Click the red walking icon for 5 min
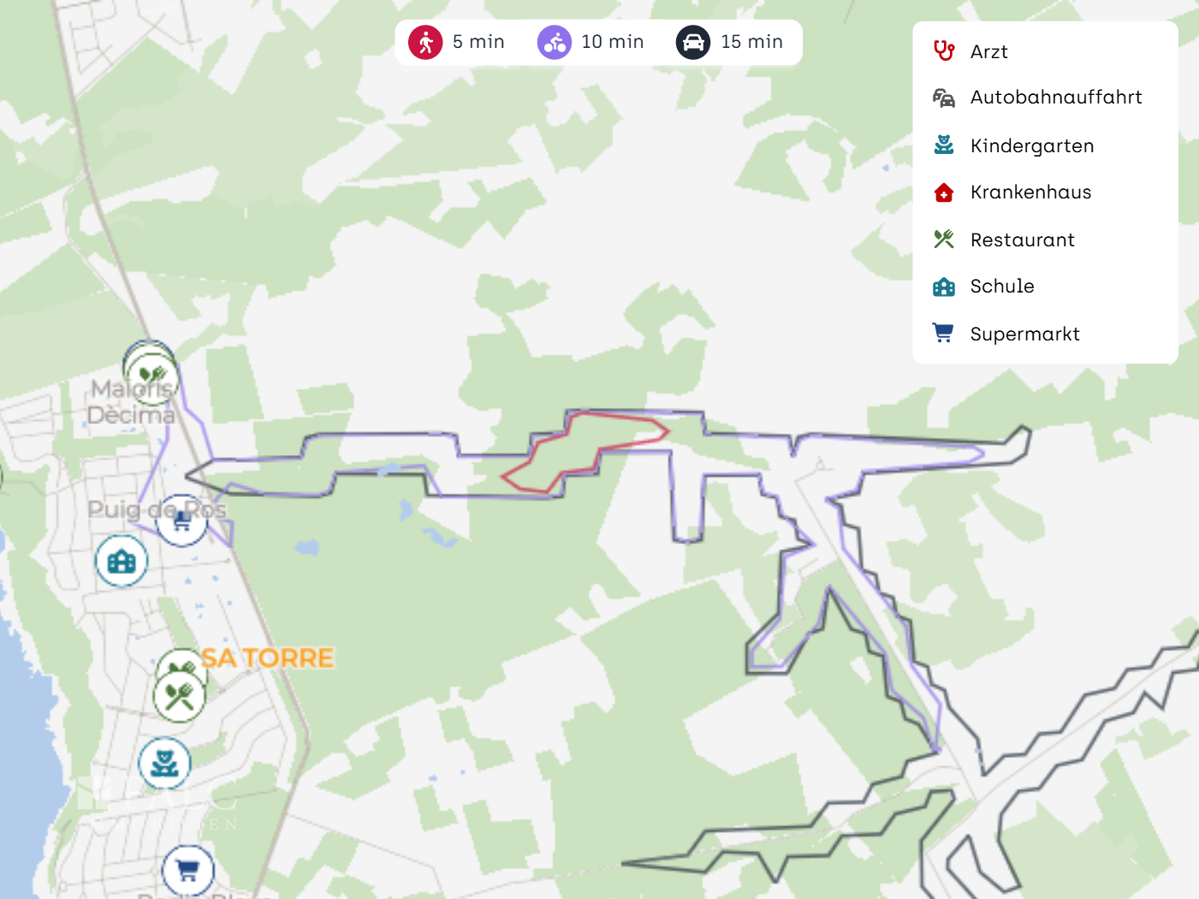[x=425, y=42]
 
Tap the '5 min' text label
[x=478, y=42]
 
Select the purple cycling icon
[x=555, y=42]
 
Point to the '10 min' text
[x=612, y=42]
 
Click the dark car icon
[x=693, y=42]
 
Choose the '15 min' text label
[x=751, y=42]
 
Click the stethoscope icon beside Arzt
[x=944, y=51]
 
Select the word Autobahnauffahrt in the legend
[x=1055, y=98]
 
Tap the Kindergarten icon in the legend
[x=944, y=145]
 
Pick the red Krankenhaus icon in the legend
[x=944, y=192]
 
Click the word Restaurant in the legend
[x=1022, y=240]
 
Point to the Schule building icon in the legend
[x=944, y=287]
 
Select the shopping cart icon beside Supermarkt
[x=944, y=334]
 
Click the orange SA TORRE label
[x=267, y=658]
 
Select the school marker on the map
[x=122, y=561]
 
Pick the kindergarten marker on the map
[x=164, y=763]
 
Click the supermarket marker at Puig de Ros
[x=182, y=521]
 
